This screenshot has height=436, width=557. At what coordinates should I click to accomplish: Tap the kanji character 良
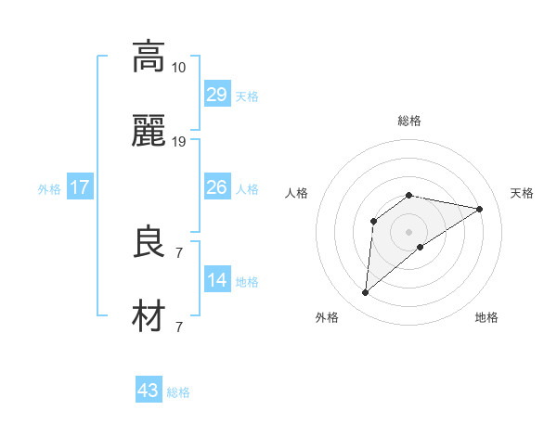tap(149, 243)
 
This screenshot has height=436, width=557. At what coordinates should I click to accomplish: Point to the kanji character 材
tap(149, 317)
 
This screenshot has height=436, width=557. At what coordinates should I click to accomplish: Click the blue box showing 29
tap(216, 95)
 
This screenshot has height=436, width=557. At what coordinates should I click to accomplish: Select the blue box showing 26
tap(216, 187)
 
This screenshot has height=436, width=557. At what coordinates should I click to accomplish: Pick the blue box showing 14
tap(216, 280)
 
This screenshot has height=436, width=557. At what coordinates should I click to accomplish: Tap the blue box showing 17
tap(80, 187)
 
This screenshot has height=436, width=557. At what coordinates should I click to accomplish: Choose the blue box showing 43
tap(149, 391)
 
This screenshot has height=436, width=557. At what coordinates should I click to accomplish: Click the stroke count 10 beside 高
tap(178, 67)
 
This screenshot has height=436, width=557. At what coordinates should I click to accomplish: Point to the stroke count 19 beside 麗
tap(179, 142)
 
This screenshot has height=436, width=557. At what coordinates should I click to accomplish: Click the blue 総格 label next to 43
tap(178, 392)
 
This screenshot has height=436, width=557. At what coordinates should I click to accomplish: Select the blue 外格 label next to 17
tap(49, 189)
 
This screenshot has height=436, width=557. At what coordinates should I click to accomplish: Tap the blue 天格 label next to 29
tap(246, 96)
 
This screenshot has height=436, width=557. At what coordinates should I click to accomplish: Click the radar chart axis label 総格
tap(409, 121)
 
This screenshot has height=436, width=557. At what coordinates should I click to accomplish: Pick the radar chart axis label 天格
tap(523, 193)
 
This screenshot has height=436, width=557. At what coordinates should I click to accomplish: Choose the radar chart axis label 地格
tap(486, 317)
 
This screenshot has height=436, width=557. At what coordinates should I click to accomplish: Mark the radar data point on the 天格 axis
tap(480, 209)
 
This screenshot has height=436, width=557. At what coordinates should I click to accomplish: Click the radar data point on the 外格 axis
tap(365, 293)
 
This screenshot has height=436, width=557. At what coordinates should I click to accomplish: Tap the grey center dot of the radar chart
tap(409, 231)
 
